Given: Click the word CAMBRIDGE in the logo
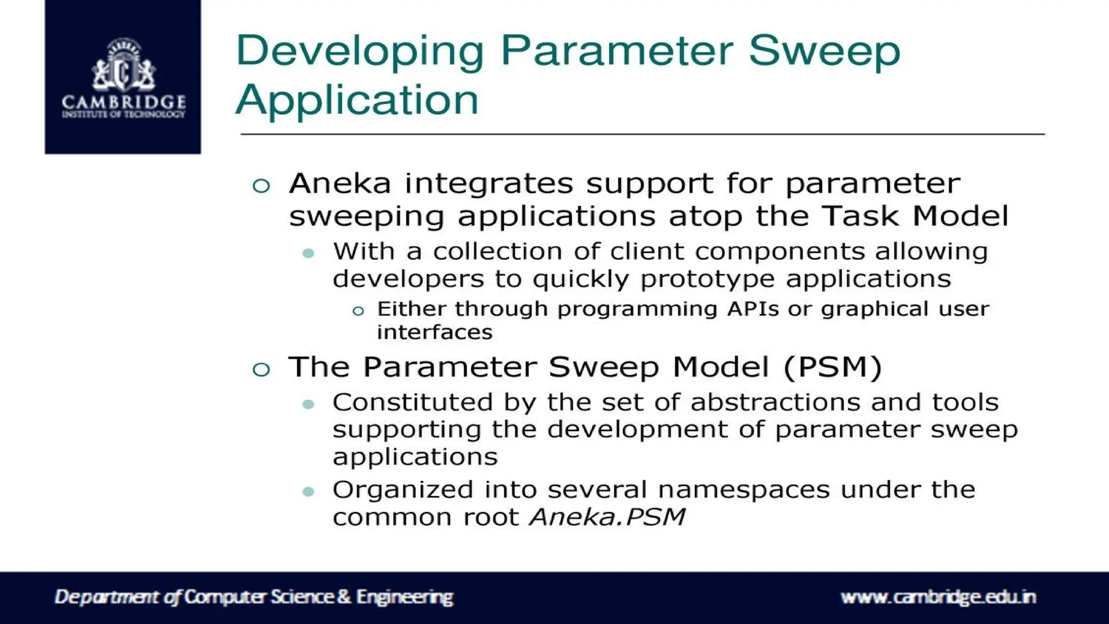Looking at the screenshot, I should point(123,102).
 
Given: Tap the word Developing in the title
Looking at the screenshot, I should point(359,51).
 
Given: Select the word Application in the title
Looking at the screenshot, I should point(357,100).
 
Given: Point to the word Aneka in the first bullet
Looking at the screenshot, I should point(340,184).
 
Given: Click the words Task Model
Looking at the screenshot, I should point(915,216).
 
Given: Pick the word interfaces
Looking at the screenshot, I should point(435,332).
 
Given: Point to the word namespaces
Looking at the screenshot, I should point(744,490).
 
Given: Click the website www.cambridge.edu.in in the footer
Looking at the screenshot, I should point(938,597).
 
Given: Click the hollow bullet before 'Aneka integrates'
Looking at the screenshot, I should point(261,186).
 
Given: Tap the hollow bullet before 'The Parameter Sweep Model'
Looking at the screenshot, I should point(261,369).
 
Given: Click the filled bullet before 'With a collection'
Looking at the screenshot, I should point(309,253).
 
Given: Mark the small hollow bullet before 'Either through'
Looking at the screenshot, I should point(358,311).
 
